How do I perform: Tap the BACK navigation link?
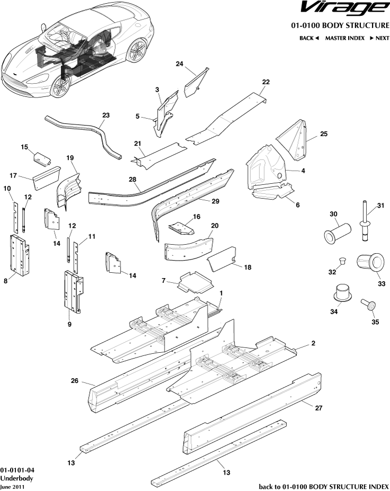point(309,38)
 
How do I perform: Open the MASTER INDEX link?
point(344,38)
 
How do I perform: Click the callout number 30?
point(333,214)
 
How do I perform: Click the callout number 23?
point(106,115)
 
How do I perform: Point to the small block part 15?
point(42,157)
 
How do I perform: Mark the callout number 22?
point(266,82)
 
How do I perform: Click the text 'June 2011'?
point(12,487)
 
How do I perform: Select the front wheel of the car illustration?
point(60,85)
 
